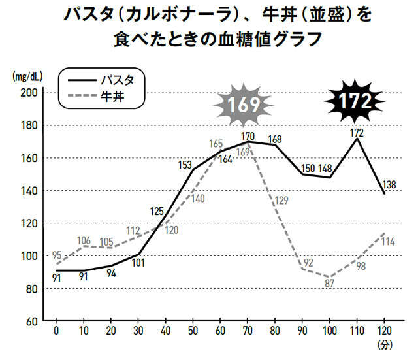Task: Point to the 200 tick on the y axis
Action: pos(31,93)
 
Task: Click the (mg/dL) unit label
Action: pos(26,76)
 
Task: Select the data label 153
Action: pos(187,164)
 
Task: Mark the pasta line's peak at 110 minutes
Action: pos(357,139)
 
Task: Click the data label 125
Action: pos(157,211)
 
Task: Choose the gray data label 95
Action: pos(57,255)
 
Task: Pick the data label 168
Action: pos(275,139)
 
